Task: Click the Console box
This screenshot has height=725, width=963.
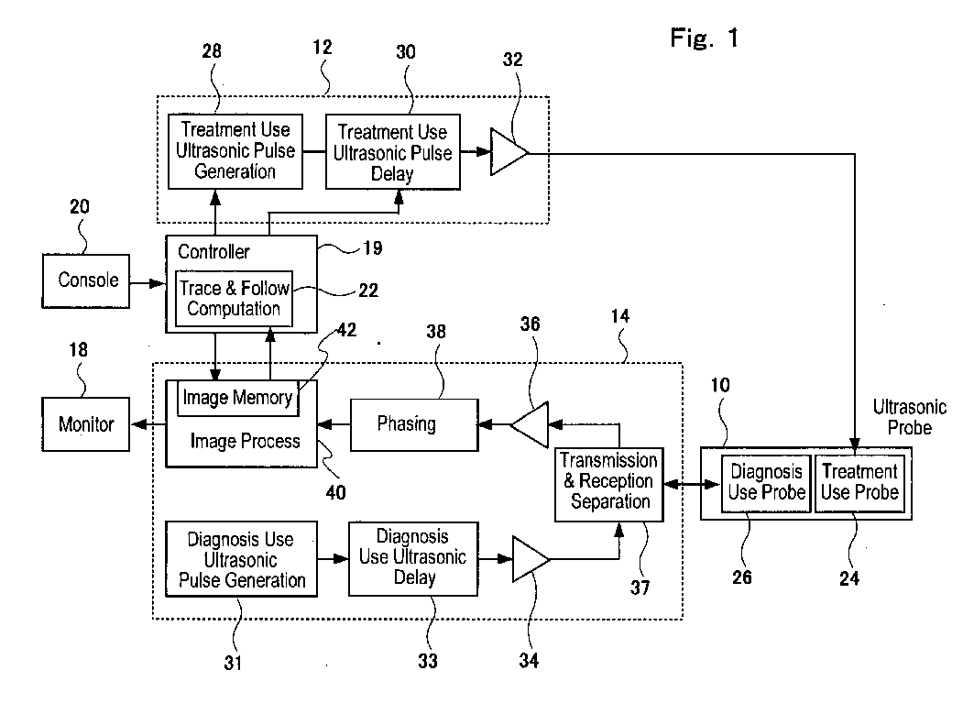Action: pos(88,280)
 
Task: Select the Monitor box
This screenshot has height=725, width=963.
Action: pos(86,424)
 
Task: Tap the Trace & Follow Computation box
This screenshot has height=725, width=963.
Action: pos(235,299)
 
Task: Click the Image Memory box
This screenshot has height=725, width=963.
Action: pos(238,398)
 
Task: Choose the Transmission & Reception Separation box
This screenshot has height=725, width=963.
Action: pos(608,481)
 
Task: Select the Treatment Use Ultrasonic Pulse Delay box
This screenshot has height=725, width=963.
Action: pos(393,152)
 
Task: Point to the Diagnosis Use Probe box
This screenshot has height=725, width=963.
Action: pos(766,482)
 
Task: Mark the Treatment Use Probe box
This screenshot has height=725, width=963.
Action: pos(859,482)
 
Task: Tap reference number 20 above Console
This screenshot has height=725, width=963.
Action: pos(79,206)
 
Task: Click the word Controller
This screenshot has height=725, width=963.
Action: pos(213,251)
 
